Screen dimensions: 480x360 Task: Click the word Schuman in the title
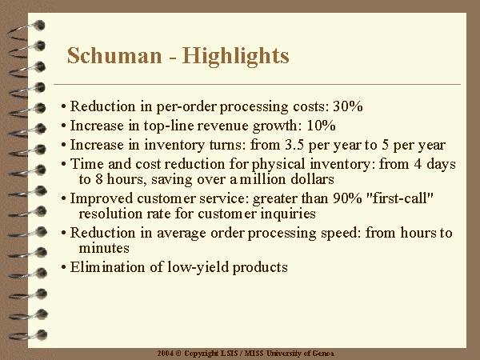point(114,55)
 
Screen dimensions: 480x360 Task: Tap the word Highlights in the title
point(236,56)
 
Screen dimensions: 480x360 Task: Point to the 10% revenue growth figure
point(321,126)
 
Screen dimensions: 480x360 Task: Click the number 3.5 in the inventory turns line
point(294,145)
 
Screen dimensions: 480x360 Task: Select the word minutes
point(104,248)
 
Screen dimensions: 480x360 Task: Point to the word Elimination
point(107,267)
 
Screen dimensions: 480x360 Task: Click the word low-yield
point(198,267)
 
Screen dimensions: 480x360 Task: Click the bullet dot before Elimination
point(64,267)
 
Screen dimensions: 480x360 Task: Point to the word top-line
point(170,126)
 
